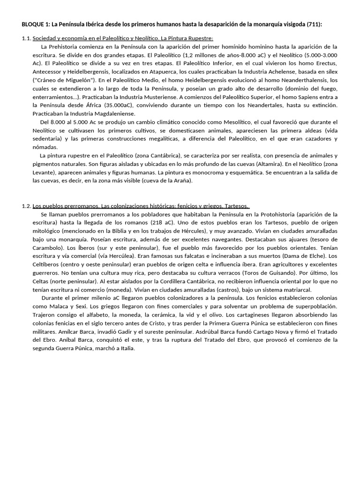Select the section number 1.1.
pyautogui.click(x=26, y=38)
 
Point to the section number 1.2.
pyautogui.click(x=26, y=206)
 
